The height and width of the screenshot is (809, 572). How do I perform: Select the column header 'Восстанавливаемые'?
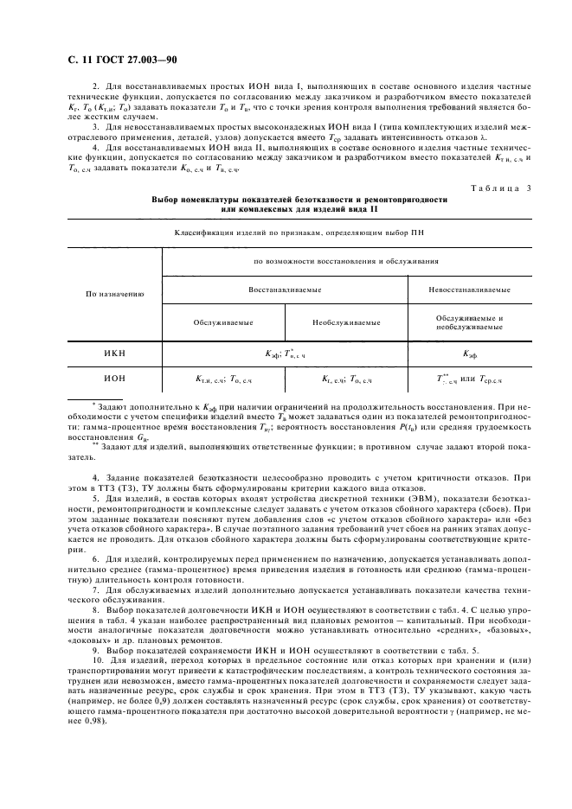pyautogui.click(x=286, y=290)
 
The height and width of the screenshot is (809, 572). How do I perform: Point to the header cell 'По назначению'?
pyautogui.click(x=115, y=294)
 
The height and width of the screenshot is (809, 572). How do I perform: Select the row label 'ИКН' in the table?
pyautogui.click(x=114, y=354)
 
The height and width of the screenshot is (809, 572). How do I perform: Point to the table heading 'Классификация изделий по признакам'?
pyautogui.click(x=286, y=233)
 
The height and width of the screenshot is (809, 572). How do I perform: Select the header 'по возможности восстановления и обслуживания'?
pyautogui.click(x=345, y=260)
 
